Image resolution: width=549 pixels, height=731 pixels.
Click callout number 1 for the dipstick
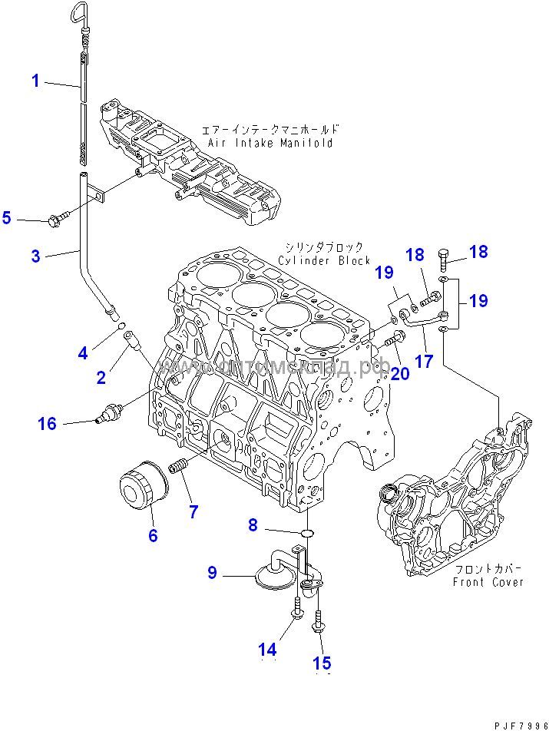coord(35,80)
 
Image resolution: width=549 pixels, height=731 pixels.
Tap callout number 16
coord(48,422)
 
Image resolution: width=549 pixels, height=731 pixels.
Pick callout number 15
coord(322,663)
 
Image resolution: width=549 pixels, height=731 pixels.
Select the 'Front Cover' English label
coord(488,582)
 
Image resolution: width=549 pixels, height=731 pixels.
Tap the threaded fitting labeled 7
coord(178,465)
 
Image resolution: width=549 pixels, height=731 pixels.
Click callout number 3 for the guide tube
coord(35,256)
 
